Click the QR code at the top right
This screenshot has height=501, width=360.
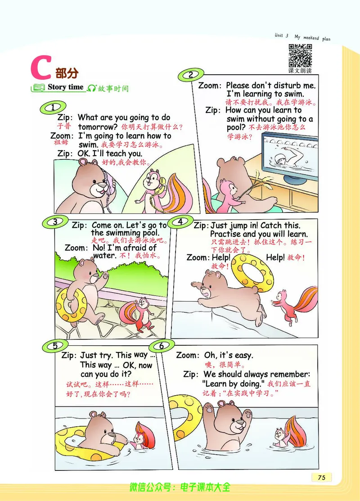coord(300,56)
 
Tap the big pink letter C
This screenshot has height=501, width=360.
coord(40,68)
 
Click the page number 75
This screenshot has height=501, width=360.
coord(322,477)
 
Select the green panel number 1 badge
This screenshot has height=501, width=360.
coord(53,107)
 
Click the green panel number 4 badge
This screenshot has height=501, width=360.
coord(180,222)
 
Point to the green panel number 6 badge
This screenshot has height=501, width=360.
coord(162,346)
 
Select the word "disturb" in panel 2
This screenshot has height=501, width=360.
coord(286,86)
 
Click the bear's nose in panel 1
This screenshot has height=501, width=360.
coord(103,185)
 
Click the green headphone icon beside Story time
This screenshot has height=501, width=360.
coord(92,88)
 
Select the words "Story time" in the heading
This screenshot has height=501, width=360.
coord(66,87)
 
